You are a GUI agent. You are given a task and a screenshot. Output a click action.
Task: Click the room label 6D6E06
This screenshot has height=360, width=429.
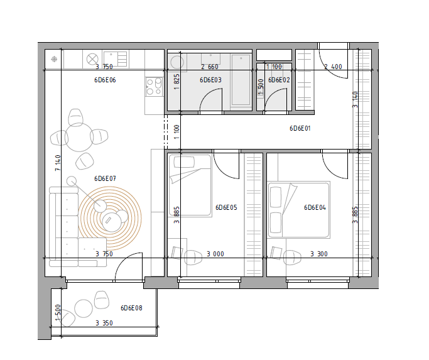coord(105,80)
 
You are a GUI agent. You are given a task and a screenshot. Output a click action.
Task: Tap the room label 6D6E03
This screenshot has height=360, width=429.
coord(210,80)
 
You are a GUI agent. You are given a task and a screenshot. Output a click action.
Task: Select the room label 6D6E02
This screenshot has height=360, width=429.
coord(279,80)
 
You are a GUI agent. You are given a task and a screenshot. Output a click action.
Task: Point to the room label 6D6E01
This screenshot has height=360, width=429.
coord(300,128)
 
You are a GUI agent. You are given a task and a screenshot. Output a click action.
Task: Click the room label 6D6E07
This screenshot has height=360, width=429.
coord(105,178)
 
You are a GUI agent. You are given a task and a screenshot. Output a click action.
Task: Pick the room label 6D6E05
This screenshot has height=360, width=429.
coord(226,207)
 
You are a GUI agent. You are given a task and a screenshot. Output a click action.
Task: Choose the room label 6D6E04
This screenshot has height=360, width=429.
coord(315,207)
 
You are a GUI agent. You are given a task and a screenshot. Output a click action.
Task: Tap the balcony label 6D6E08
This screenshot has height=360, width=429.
coord(131,308)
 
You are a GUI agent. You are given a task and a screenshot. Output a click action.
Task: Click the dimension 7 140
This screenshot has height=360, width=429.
coord(58,163)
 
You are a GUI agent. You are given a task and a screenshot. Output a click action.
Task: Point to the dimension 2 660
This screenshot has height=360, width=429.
coord(210,67)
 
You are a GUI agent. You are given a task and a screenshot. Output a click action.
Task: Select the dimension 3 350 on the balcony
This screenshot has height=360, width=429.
coord(104,323)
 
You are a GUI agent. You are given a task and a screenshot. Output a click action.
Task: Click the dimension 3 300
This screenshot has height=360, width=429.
coord(319,254)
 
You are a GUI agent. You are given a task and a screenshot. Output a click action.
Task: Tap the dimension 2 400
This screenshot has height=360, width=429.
coord(333,67)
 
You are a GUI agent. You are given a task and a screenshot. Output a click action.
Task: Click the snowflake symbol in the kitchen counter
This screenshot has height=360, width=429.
coord(54,59)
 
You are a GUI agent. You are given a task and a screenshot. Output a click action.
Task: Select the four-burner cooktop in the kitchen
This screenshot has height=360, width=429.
coord(154,86)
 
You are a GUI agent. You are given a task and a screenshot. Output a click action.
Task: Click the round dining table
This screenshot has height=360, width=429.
coord(79,138)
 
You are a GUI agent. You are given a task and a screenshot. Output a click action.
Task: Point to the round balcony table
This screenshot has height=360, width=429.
coord(84,308)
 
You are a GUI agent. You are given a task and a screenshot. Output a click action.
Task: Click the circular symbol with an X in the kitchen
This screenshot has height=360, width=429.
coord(92,59)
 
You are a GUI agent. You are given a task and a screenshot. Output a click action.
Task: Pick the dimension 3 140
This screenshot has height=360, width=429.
coord(355,100)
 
